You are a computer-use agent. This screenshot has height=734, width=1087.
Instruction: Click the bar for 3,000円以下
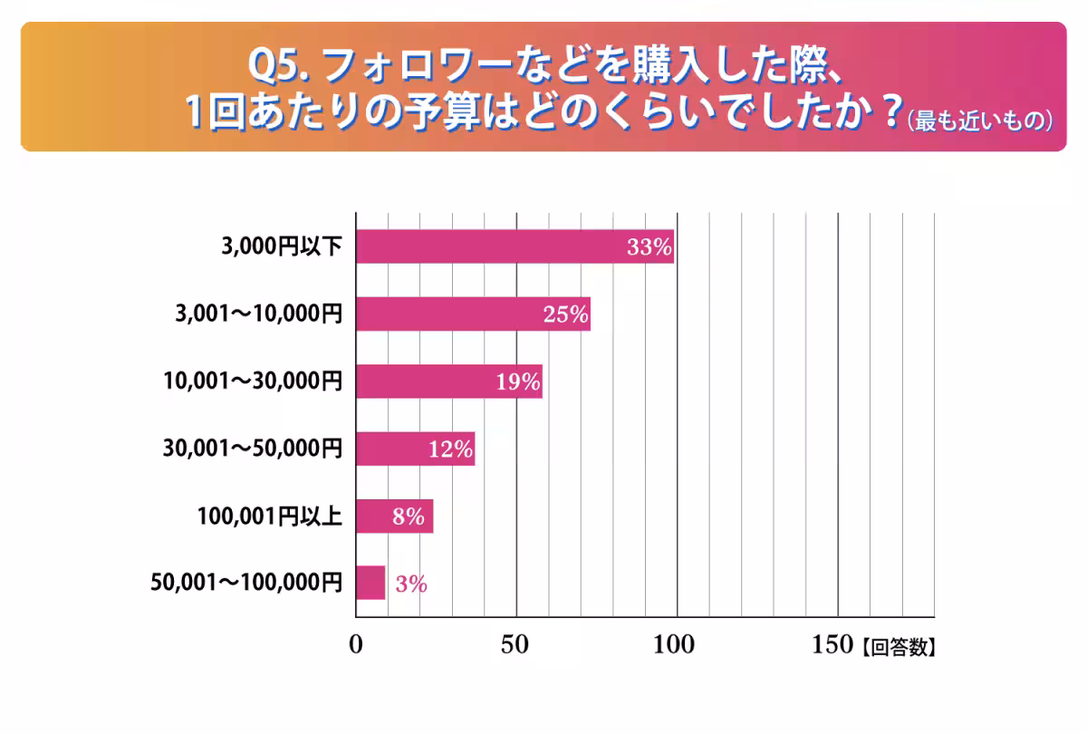tap(515, 246)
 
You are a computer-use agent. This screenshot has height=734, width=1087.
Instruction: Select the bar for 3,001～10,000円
tap(473, 314)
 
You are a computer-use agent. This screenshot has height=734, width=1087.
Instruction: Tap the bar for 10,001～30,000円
tap(449, 381)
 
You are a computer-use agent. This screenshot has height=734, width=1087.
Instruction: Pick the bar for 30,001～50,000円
tap(416, 449)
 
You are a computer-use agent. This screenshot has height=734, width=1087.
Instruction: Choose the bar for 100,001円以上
tap(395, 517)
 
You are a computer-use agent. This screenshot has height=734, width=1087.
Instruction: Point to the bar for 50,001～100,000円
tap(370, 583)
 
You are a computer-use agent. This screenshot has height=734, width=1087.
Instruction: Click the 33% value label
tap(649, 247)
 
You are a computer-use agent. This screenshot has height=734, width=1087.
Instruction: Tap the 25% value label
tap(566, 314)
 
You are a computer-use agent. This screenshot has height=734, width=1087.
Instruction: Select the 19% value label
tap(518, 382)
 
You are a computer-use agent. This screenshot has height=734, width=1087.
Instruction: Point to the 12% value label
tap(450, 449)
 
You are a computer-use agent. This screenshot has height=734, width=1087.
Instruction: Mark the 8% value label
tap(409, 517)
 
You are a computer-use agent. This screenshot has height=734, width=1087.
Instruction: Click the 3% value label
tap(411, 584)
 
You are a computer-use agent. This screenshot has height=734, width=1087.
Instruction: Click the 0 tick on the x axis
tap(356, 644)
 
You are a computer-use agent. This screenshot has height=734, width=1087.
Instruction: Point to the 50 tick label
tap(515, 644)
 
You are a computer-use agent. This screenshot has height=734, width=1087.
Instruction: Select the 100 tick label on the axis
tap(674, 644)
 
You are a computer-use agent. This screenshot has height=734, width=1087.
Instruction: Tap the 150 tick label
tap(832, 644)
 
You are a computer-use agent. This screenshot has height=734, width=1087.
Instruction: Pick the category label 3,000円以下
tap(282, 246)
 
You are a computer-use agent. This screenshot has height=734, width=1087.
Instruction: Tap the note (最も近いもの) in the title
tap(980, 121)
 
